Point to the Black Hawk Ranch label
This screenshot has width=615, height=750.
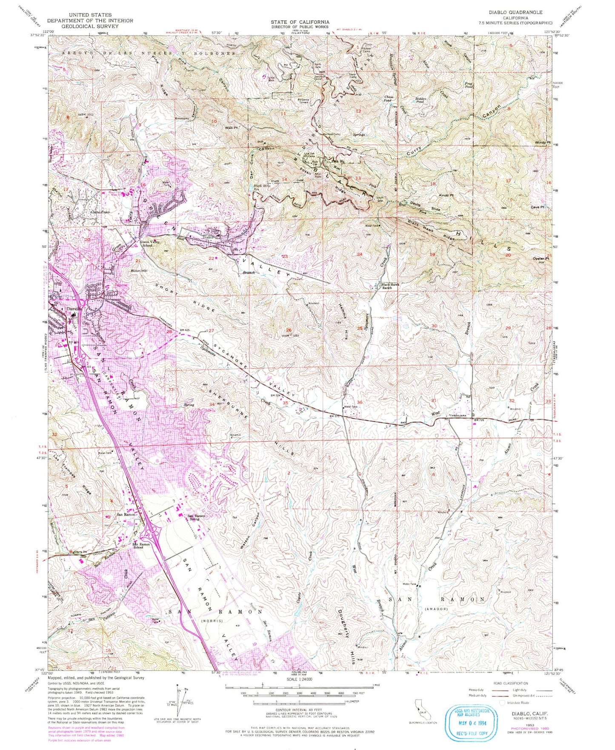pyautogui.click(x=389, y=286)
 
